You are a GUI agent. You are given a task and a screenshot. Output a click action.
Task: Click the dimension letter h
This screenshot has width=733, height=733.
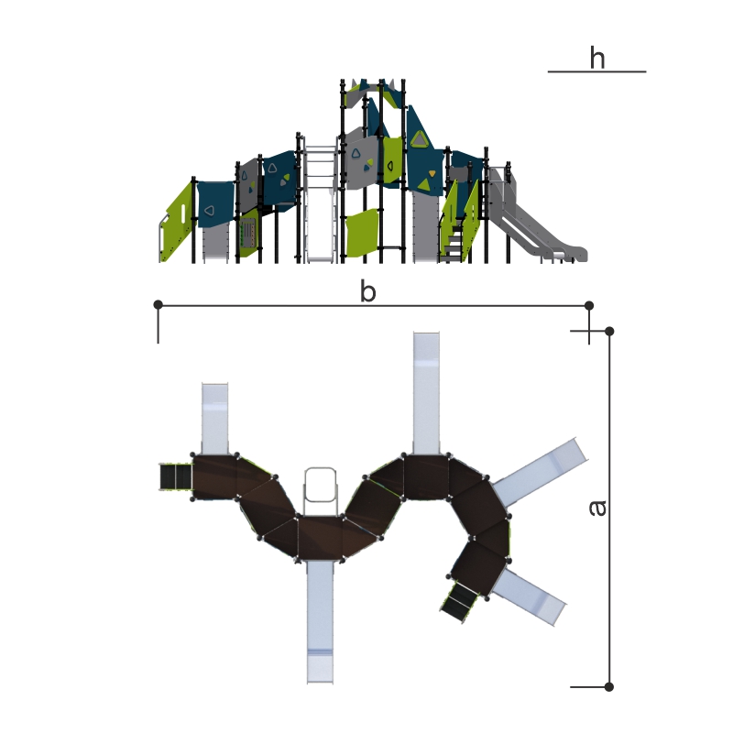click(x=597, y=58)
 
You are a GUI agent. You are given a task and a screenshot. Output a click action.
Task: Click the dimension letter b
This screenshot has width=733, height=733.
click(x=368, y=290)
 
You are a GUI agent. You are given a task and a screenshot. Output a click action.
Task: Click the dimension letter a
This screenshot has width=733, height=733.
click(x=597, y=509)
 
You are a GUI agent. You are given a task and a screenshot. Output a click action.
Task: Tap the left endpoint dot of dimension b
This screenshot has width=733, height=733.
click(x=158, y=305)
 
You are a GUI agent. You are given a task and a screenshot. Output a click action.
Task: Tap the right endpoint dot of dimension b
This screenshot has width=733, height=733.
click(x=589, y=305)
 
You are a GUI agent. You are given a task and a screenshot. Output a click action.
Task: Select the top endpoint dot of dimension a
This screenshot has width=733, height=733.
click(x=609, y=331)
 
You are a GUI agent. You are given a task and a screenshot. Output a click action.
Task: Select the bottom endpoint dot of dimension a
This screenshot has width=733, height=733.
click(x=608, y=686)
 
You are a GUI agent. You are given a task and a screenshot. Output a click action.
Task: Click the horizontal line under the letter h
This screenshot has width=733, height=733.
click(x=596, y=71)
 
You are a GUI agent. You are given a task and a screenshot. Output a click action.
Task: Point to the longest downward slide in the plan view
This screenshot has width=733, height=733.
click(x=320, y=622)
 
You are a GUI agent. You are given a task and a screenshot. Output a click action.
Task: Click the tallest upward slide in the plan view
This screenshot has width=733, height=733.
click(x=426, y=393)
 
